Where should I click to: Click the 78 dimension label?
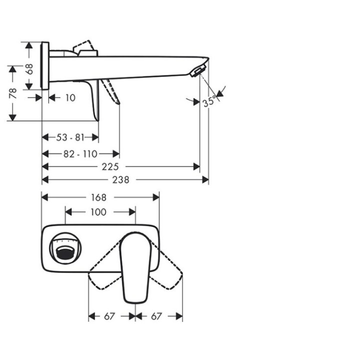(x=13, y=93)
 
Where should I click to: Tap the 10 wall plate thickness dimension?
(x=70, y=97)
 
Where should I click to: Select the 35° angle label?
(x=209, y=101)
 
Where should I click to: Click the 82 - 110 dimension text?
(x=79, y=154)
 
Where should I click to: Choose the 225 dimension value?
(x=113, y=166)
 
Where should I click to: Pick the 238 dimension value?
(x=120, y=179)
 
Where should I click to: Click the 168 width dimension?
(x=98, y=197)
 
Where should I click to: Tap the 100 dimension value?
(x=98, y=212)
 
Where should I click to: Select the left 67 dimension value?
(x=109, y=316)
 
